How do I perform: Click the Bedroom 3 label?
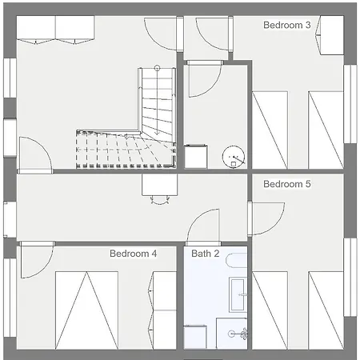tap(287, 25)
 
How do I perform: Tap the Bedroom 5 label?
tap(287, 184)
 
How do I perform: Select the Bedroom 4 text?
tap(133, 254)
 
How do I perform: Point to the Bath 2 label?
tap(206, 254)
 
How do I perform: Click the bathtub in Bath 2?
tap(237, 260)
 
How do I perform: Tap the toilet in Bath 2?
tap(238, 334)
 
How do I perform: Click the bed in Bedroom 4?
tap(86, 310)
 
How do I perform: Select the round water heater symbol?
tap(234, 157)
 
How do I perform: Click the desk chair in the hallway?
tap(160, 200)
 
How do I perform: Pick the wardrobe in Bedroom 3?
tap(330, 35)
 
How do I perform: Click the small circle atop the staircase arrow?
tap(157, 68)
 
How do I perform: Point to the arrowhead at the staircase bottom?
tap(157, 132)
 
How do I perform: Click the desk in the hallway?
tap(160, 185)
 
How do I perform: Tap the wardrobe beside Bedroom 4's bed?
tap(162, 310)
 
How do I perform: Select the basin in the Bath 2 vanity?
tap(238, 294)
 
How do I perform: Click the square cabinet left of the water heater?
tap(196, 157)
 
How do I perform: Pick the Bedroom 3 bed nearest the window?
tap(326, 130)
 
